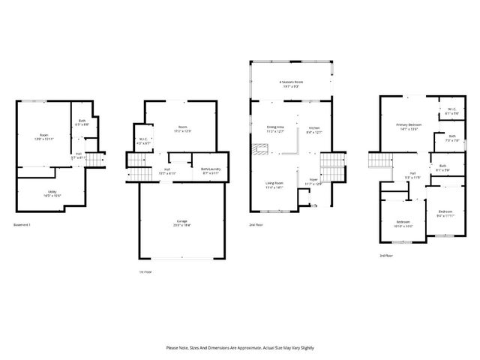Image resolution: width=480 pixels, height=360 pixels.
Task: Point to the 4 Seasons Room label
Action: pyautogui.click(x=290, y=83)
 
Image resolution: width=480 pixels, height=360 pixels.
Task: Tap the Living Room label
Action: pyautogui.click(x=274, y=184)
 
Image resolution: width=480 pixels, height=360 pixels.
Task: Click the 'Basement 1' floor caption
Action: pyautogui.click(x=25, y=224)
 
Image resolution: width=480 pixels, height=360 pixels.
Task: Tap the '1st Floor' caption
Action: pyautogui.click(x=145, y=271)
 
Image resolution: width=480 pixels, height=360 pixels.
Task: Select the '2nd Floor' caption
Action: pyautogui.click(x=256, y=224)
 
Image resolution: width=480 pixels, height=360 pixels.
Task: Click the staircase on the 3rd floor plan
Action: pyautogui.click(x=379, y=160)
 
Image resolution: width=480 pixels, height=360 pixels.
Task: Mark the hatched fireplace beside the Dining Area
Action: pyautogui.click(x=259, y=150)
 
